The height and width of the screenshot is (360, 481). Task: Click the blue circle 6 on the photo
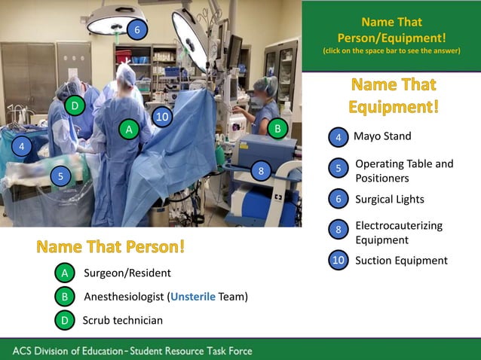pyautogui.click(x=136, y=30)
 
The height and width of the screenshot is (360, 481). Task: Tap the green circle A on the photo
pyautogui.click(x=130, y=130)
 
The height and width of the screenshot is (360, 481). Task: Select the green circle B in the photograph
pyautogui.click(x=277, y=129)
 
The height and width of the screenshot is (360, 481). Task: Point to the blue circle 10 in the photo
pyautogui.click(x=161, y=117)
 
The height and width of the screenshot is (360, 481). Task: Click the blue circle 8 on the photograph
pyautogui.click(x=261, y=172)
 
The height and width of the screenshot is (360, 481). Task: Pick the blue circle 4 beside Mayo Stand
pyautogui.click(x=339, y=138)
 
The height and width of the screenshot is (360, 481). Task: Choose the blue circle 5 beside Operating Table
pyautogui.click(x=339, y=170)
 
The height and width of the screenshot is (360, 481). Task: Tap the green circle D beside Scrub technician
pyautogui.click(x=65, y=320)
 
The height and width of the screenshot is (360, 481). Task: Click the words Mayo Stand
pyautogui.click(x=382, y=136)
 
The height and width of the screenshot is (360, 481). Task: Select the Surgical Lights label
pyautogui.click(x=389, y=200)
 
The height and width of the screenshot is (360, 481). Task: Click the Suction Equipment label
pyautogui.click(x=401, y=261)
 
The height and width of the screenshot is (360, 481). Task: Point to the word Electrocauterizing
pyautogui.click(x=399, y=225)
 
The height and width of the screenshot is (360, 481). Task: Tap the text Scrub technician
pyautogui.click(x=122, y=320)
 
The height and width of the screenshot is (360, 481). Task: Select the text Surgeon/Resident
pyautogui.click(x=127, y=273)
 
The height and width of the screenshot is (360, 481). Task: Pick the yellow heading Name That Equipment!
pyautogui.click(x=393, y=95)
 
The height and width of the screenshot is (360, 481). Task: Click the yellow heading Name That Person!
pyautogui.click(x=110, y=246)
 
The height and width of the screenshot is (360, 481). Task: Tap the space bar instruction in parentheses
pyautogui.click(x=391, y=51)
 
